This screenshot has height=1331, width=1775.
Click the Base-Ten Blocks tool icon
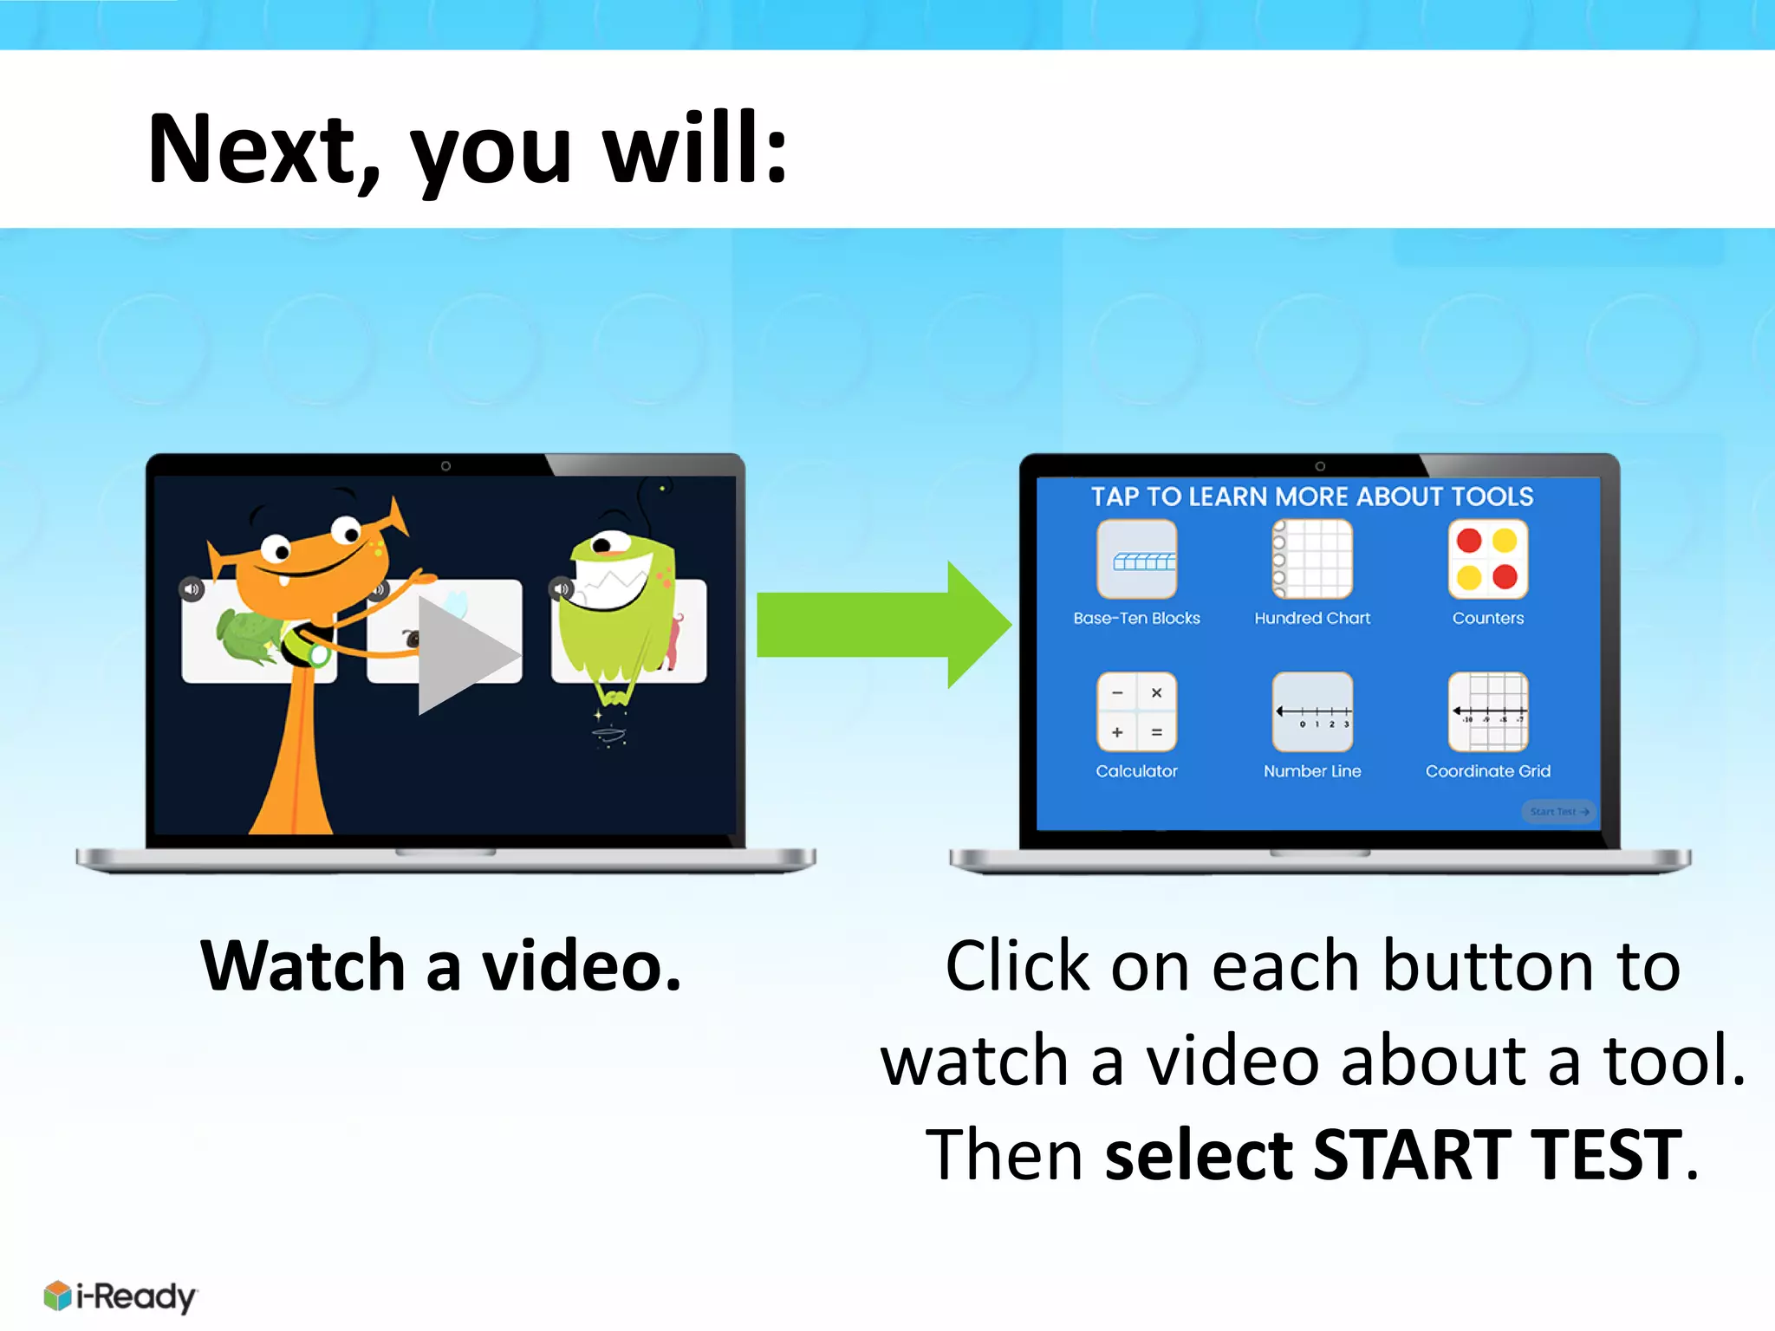tap(1136, 559)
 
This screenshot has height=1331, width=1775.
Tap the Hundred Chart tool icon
tap(1312, 559)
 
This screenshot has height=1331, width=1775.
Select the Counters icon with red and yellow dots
tap(1487, 559)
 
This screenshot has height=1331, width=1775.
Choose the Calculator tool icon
tap(1136, 711)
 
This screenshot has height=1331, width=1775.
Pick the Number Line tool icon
tap(1312, 711)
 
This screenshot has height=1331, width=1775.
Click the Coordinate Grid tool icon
tap(1487, 711)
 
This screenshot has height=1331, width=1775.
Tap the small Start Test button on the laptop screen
tap(1558, 812)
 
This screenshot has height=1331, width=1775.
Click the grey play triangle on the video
tap(464, 655)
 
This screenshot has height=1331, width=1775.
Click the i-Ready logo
tap(120, 1296)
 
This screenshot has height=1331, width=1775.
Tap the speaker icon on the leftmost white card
tap(192, 589)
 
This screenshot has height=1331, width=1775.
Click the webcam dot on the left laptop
tap(445, 466)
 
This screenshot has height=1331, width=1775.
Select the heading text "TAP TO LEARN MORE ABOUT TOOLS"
tap(1311, 497)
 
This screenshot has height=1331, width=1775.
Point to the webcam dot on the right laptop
tap(1320, 466)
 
